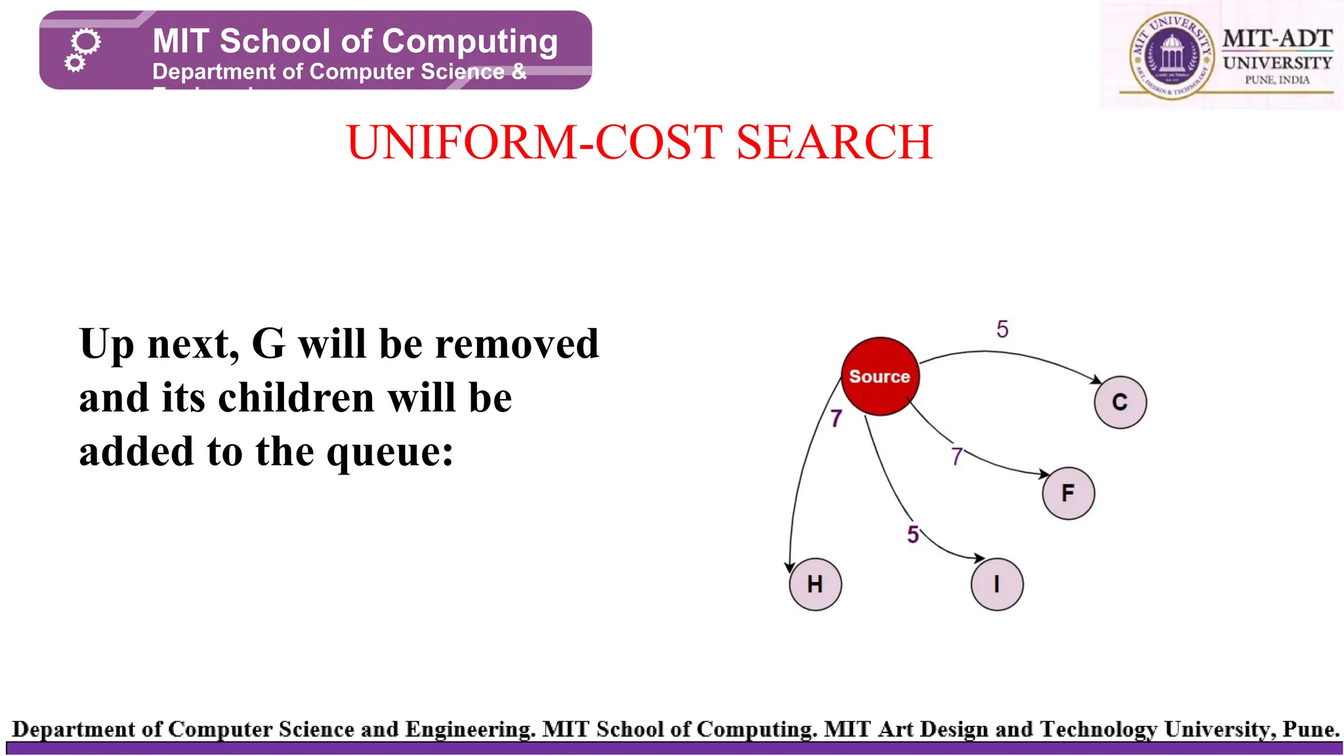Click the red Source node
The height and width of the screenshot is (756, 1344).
[x=879, y=377]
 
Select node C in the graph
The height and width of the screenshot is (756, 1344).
[x=1120, y=402]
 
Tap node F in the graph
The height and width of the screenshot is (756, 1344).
[x=1068, y=493]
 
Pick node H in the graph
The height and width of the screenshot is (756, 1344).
[x=815, y=584]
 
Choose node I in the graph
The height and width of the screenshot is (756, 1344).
[x=997, y=584]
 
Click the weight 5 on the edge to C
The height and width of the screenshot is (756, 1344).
[x=1002, y=329]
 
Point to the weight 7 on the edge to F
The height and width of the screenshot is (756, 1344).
[x=957, y=456]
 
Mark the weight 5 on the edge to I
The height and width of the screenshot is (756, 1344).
[x=913, y=534]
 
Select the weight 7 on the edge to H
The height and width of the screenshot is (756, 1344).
[x=835, y=419]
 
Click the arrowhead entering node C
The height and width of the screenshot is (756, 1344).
[x=1096, y=379]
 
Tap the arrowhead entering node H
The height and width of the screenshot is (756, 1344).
[x=790, y=566]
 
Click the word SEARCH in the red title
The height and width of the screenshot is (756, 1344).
[x=834, y=142]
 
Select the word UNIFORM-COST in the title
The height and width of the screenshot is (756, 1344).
[x=535, y=142]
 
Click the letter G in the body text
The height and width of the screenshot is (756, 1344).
[x=268, y=344]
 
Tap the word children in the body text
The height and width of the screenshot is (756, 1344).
[x=296, y=398]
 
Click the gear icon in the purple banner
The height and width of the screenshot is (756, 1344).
[x=83, y=49]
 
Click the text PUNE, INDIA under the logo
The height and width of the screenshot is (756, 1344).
[x=1277, y=80]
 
